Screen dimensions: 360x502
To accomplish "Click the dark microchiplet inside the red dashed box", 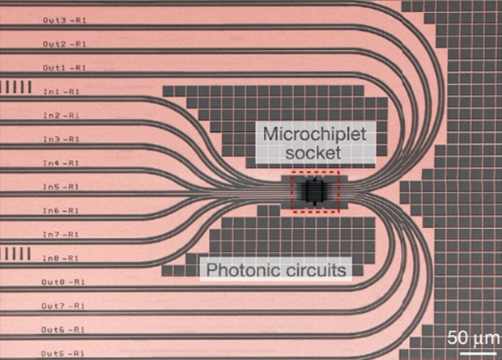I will tap(314, 192).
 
